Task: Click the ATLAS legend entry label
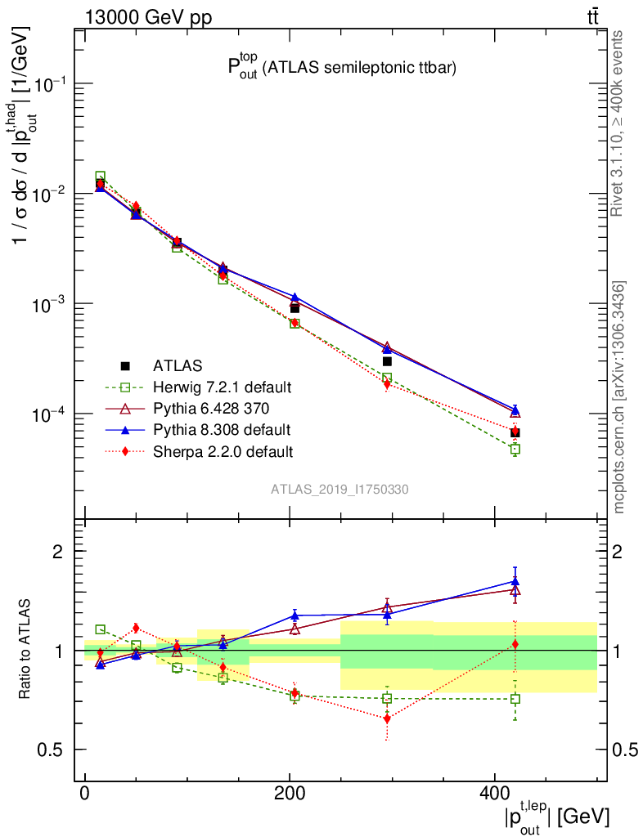click(x=178, y=365)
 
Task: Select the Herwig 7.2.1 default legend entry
click(x=223, y=387)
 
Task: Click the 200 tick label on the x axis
click(x=290, y=794)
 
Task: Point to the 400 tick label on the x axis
click(x=493, y=794)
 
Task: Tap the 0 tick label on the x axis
click(x=85, y=794)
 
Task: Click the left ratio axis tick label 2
click(x=58, y=551)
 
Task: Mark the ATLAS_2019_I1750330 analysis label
click(x=340, y=490)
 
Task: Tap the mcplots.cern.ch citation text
click(x=620, y=397)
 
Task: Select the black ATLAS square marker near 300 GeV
click(x=387, y=361)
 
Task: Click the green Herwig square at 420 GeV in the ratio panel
click(x=515, y=699)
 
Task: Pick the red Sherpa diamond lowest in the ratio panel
click(x=387, y=718)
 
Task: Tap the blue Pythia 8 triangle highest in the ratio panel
click(x=515, y=581)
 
